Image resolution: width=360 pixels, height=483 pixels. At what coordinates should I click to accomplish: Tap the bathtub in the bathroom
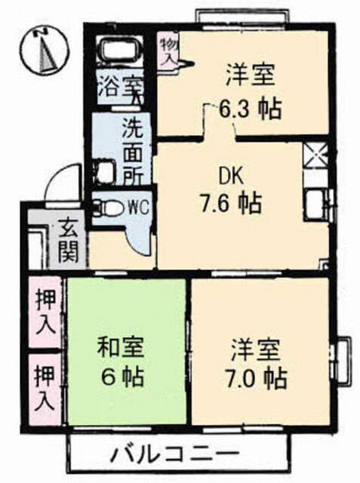122,52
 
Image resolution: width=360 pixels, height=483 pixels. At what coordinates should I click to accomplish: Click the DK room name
230,174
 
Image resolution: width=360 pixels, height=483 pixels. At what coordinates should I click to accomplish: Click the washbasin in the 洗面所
104,171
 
